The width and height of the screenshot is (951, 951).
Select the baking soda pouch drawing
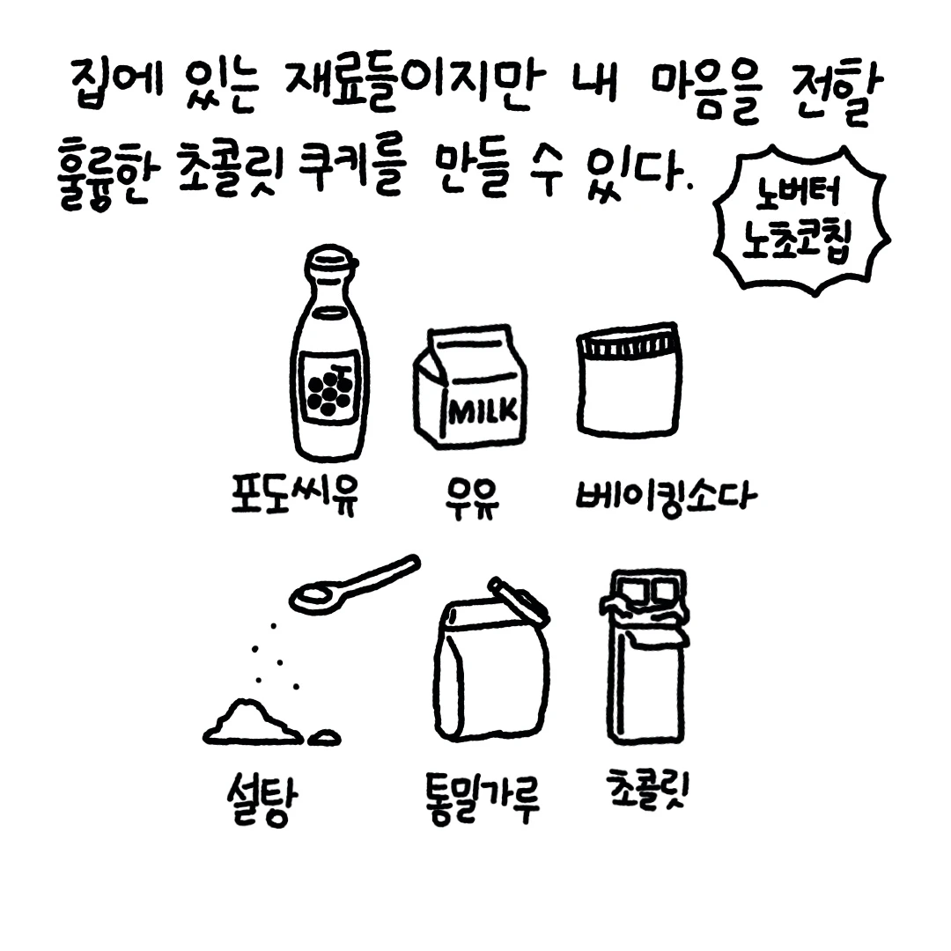(x=629, y=380)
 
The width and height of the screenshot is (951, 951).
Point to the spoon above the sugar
(x=354, y=584)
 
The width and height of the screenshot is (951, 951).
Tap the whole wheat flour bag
(x=491, y=661)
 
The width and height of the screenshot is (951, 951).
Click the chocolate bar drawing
(x=645, y=656)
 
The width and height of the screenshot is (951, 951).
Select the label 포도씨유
(x=295, y=493)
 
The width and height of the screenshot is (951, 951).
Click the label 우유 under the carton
(x=471, y=498)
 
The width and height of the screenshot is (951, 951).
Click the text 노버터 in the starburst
(x=798, y=192)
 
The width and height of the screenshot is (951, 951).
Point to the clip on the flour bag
(x=519, y=601)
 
